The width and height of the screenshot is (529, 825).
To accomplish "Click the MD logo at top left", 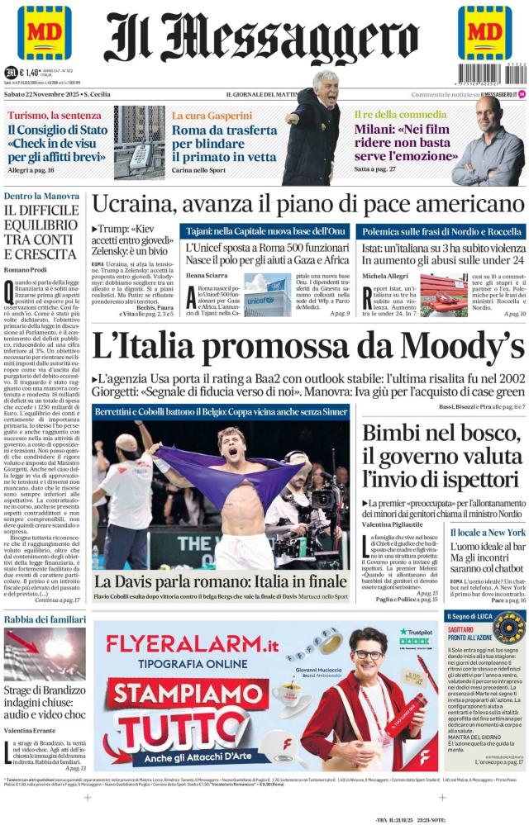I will click(x=44, y=32).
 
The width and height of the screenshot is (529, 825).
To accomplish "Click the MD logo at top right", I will click(x=484, y=32).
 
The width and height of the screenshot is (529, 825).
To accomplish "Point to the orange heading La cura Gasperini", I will click(x=212, y=116).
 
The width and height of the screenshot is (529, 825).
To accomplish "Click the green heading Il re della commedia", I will click(x=396, y=115).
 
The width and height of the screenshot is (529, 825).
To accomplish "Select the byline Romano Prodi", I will click(x=28, y=271).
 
